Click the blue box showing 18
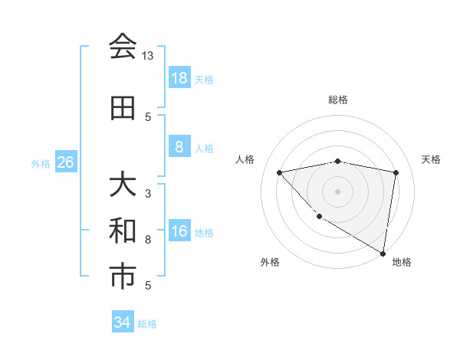click(179, 78)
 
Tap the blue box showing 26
click(65, 162)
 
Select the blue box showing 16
click(179, 232)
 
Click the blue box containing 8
click(179, 147)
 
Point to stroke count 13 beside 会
click(148, 57)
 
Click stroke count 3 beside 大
click(148, 193)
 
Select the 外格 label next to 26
click(40, 163)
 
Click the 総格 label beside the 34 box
click(147, 324)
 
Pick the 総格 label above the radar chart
click(338, 100)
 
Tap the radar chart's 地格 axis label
click(402, 262)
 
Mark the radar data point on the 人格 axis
click(280, 172)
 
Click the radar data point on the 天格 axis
click(396, 172)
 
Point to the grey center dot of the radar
click(338, 191)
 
